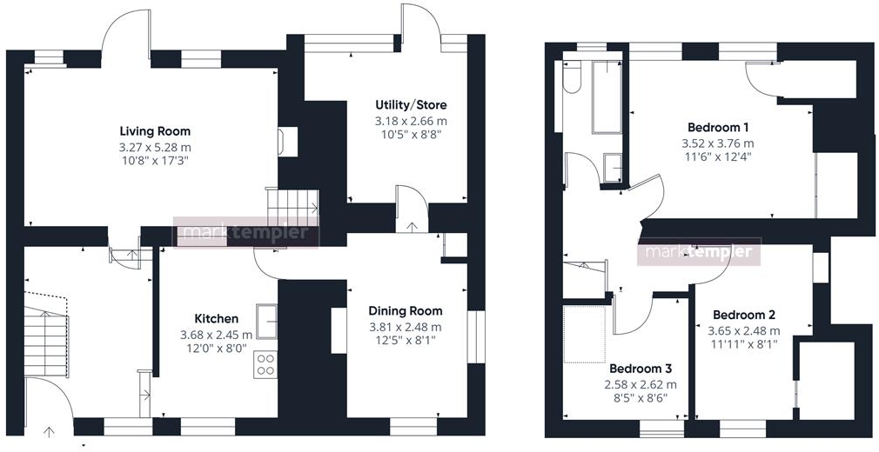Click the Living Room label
click(155, 131)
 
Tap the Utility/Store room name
click(411, 105)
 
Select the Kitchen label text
click(216, 318)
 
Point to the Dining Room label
click(405, 310)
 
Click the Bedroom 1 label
click(717, 126)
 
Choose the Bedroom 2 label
click(743, 315)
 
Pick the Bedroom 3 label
click(640, 368)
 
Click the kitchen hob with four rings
click(265, 363)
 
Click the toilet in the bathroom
click(571, 81)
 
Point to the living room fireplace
click(287, 142)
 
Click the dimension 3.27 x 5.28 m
click(155, 147)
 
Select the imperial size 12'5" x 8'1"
click(405, 341)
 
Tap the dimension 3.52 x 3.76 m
click(717, 143)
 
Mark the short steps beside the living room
click(292, 207)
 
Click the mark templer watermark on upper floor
click(701, 253)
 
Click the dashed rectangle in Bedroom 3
click(585, 333)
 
